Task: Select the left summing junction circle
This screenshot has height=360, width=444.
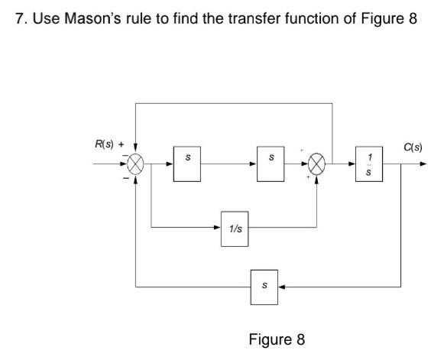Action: point(136,164)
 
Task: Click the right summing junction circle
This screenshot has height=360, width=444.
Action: point(316,164)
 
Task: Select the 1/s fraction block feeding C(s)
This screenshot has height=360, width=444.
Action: point(369,164)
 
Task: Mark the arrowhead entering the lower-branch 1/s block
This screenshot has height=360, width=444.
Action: point(216,226)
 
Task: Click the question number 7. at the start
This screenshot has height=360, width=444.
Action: point(21,18)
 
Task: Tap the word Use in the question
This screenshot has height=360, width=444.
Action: point(44,18)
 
